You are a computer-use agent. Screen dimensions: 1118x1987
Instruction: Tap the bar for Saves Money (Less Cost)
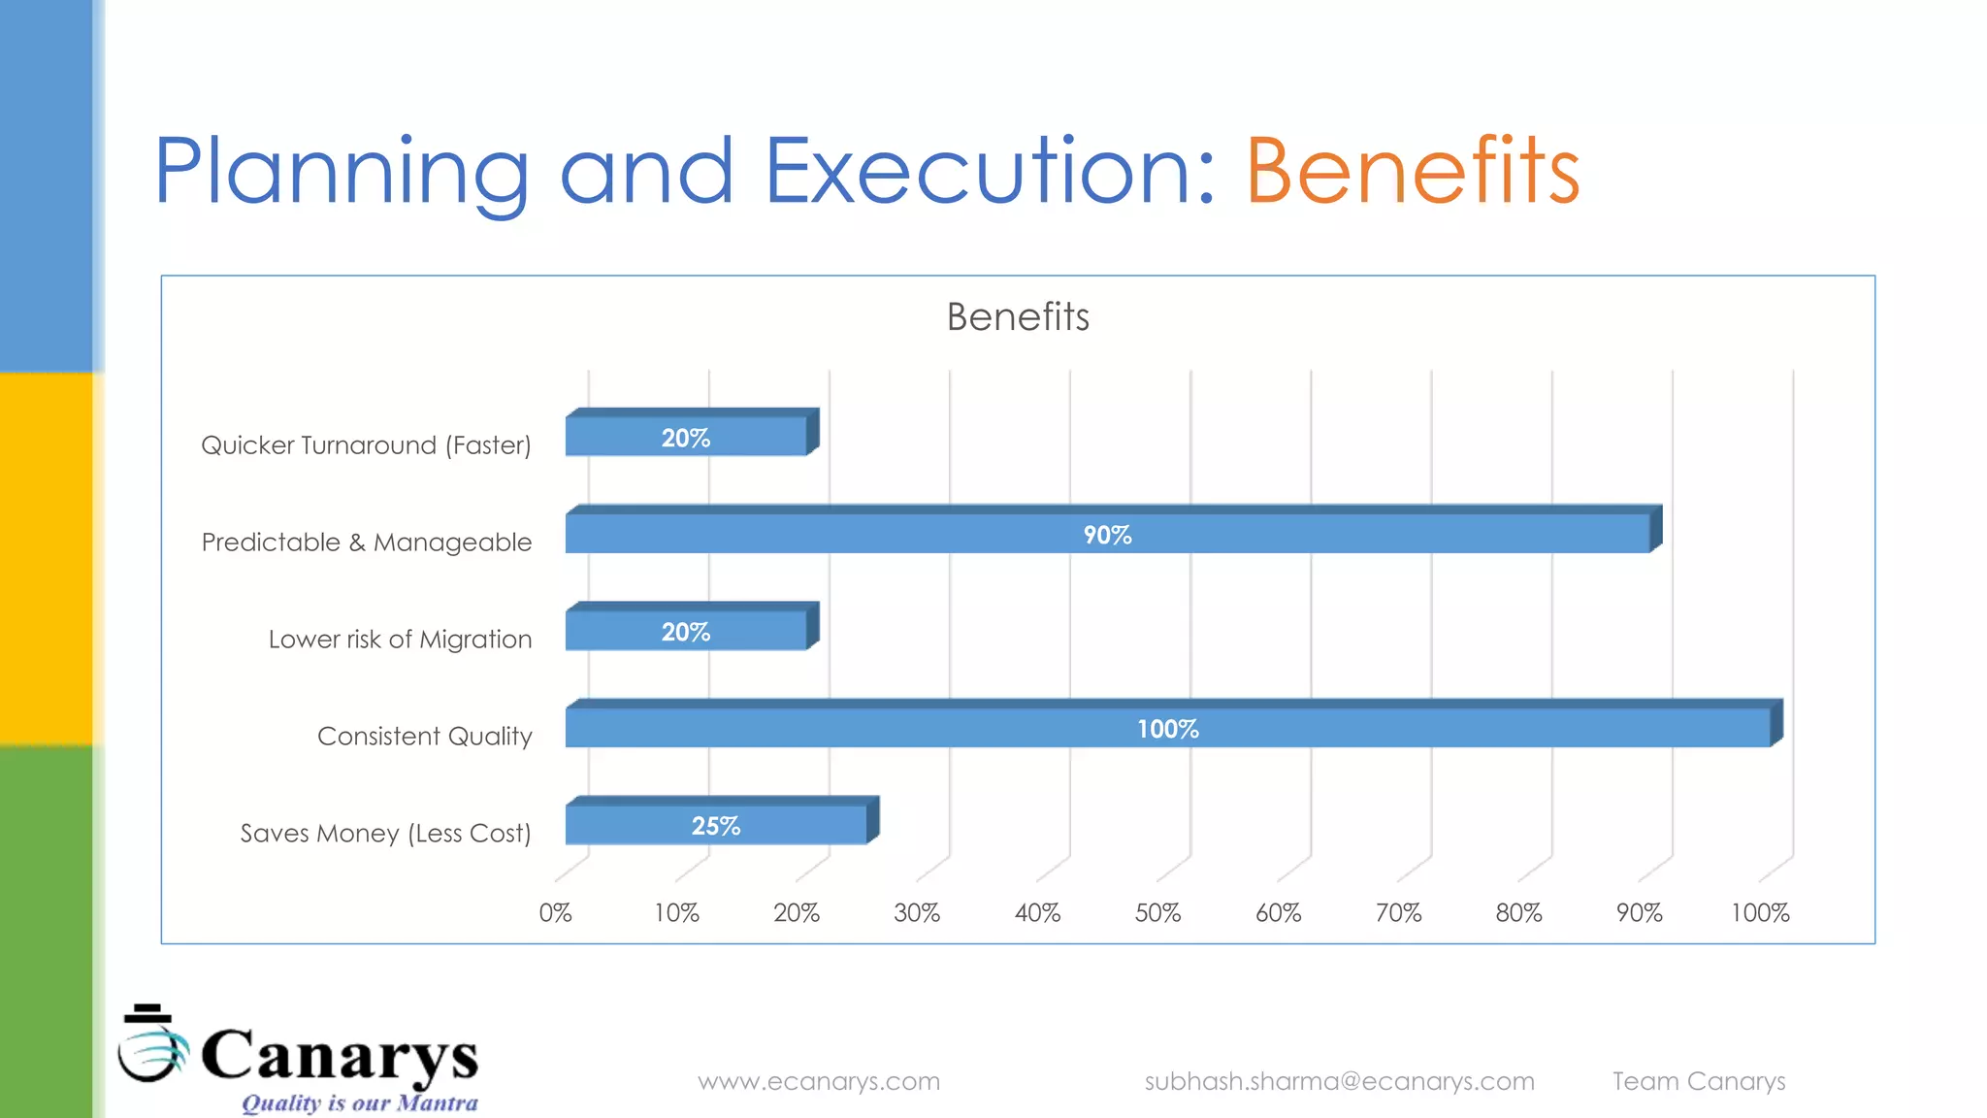(x=631, y=825)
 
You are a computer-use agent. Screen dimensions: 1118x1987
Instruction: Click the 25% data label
(x=715, y=826)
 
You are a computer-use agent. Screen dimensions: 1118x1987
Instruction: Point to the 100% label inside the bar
(x=1167, y=729)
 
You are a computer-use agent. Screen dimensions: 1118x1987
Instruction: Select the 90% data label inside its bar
(x=1107, y=535)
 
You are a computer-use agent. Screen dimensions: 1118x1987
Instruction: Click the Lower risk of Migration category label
(x=400, y=640)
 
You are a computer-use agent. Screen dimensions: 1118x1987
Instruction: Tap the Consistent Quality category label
(x=424, y=737)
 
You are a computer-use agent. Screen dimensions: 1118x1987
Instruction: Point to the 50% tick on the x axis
(x=1157, y=913)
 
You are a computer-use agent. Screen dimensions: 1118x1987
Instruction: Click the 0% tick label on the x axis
(x=555, y=913)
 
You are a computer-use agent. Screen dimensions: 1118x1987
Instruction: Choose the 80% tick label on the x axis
(x=1518, y=913)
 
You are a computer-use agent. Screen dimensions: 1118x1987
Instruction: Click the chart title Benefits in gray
(x=1018, y=317)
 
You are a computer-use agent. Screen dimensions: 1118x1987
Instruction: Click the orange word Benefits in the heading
(x=1412, y=172)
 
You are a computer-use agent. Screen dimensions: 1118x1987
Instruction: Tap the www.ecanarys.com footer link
(x=819, y=1081)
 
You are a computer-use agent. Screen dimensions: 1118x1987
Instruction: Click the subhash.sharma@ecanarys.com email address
(x=1339, y=1081)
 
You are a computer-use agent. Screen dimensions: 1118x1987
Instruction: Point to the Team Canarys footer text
(x=1698, y=1081)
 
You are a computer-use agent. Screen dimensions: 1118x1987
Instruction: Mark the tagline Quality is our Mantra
(x=359, y=1103)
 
